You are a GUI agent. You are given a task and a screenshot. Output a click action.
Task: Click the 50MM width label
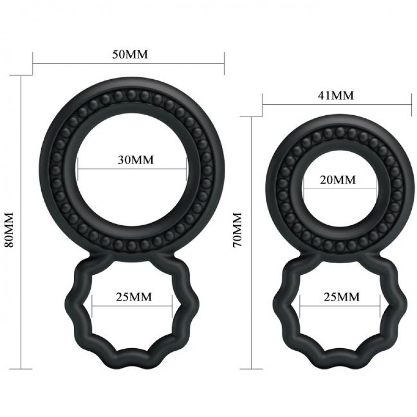130,54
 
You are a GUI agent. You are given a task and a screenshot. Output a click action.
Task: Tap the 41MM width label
336,95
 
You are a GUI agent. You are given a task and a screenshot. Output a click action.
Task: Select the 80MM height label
9,230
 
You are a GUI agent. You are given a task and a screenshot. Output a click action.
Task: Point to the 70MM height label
237,230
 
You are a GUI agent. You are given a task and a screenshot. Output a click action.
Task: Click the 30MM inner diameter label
136,160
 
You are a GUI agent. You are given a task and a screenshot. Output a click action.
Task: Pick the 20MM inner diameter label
338,180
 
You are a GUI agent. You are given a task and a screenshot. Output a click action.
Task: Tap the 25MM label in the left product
134,297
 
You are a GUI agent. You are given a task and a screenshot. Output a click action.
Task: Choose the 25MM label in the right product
341,297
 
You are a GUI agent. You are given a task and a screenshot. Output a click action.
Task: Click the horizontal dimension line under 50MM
128,64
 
